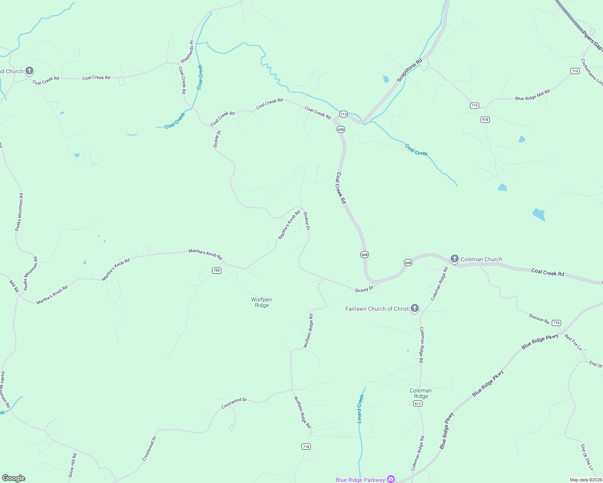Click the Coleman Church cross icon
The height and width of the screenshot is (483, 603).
(455, 259)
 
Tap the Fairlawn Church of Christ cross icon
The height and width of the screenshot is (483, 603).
(415, 309)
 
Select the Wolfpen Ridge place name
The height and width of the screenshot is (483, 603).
(262, 302)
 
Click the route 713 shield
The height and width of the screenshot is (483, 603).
(343, 114)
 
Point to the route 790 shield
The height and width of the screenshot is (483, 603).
(216, 270)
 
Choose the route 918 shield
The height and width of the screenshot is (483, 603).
(485, 120)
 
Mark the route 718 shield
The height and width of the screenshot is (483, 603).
(306, 446)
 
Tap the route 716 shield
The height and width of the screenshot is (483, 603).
(556, 323)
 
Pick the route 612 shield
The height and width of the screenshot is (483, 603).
(418, 404)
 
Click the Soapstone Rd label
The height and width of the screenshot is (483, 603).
(410, 70)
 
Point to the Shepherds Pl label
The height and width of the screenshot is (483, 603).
(187, 52)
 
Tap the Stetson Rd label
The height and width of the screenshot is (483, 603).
(539, 319)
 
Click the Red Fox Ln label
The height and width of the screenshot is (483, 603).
(573, 342)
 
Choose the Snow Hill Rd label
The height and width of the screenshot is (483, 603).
(73, 465)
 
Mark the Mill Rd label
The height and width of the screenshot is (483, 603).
(14, 286)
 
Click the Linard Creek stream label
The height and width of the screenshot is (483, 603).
(360, 409)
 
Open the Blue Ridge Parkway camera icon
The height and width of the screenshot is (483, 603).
(391, 479)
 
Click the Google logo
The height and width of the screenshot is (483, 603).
(13, 478)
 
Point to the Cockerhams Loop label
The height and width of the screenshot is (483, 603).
(592, 72)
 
